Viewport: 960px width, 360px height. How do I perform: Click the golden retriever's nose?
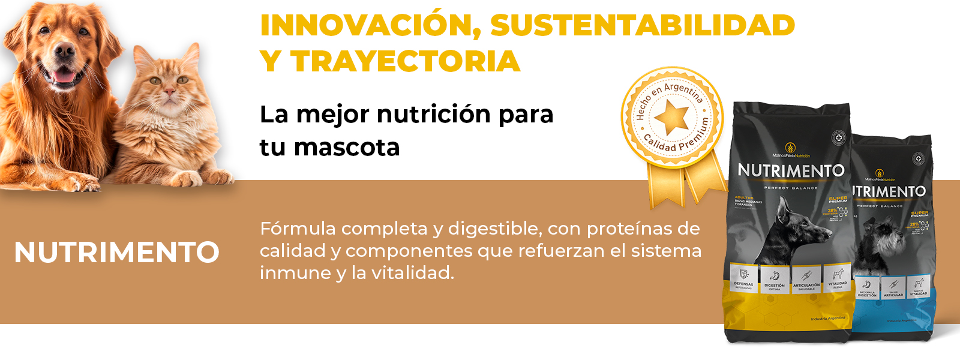(64, 52)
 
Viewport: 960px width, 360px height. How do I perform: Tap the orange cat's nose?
(170, 91)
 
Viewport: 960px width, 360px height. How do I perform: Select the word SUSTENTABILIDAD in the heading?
(643, 25)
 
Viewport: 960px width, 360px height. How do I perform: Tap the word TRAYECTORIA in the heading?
(406, 61)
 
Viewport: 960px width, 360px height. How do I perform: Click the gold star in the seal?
(671, 116)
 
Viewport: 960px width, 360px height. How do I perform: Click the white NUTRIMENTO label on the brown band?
(117, 252)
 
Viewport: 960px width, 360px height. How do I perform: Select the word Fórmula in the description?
(298, 229)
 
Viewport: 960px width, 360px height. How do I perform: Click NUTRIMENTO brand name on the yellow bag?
(791, 171)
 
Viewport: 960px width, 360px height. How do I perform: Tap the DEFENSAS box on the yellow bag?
(744, 279)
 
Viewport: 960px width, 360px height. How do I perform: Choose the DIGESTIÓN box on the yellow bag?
(775, 280)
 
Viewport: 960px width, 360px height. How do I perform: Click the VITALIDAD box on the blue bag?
(919, 286)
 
